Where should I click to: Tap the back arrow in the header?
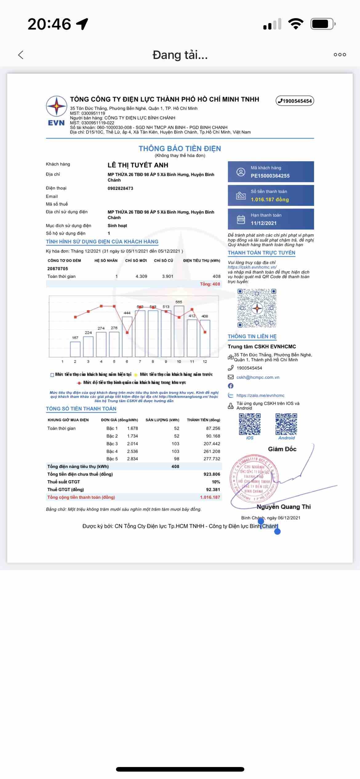[21, 55]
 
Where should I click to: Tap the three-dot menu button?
[340, 55]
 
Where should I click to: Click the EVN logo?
[56, 111]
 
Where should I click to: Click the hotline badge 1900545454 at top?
[295, 101]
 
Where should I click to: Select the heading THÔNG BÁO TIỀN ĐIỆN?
[180, 149]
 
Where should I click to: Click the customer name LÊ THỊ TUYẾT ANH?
[138, 165]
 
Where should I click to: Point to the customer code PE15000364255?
[270, 176]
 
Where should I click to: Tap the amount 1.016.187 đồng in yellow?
[270, 200]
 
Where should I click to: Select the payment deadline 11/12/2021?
[263, 223]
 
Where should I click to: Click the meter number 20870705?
[58, 269]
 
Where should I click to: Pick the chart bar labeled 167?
[75, 349]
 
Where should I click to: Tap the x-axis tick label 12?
[205, 362]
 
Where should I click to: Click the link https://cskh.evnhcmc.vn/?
[252, 267]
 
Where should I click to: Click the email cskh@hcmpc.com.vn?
[258, 378]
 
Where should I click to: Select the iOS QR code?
[250, 424]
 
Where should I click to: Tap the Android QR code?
[286, 424]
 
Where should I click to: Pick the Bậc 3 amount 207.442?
[212, 444]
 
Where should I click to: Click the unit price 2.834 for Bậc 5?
[132, 459]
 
